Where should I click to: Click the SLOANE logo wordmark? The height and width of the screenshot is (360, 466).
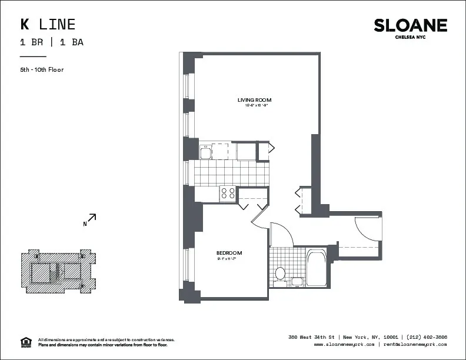click(410, 25)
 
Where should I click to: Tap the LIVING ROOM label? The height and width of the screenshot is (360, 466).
click(254, 100)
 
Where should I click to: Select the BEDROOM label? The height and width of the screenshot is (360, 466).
click(229, 253)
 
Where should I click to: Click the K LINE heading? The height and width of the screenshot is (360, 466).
click(48, 24)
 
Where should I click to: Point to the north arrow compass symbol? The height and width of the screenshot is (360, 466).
click(90, 220)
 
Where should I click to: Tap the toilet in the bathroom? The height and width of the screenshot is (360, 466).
click(281, 274)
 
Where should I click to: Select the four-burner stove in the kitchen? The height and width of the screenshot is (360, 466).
click(227, 194)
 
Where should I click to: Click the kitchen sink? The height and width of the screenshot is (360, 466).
click(207, 152)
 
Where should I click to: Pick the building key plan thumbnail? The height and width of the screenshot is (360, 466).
click(58, 271)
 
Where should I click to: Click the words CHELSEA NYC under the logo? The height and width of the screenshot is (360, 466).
click(410, 36)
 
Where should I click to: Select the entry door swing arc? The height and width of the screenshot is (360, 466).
click(368, 226)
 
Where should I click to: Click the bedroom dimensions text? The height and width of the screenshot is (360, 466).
click(229, 259)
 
